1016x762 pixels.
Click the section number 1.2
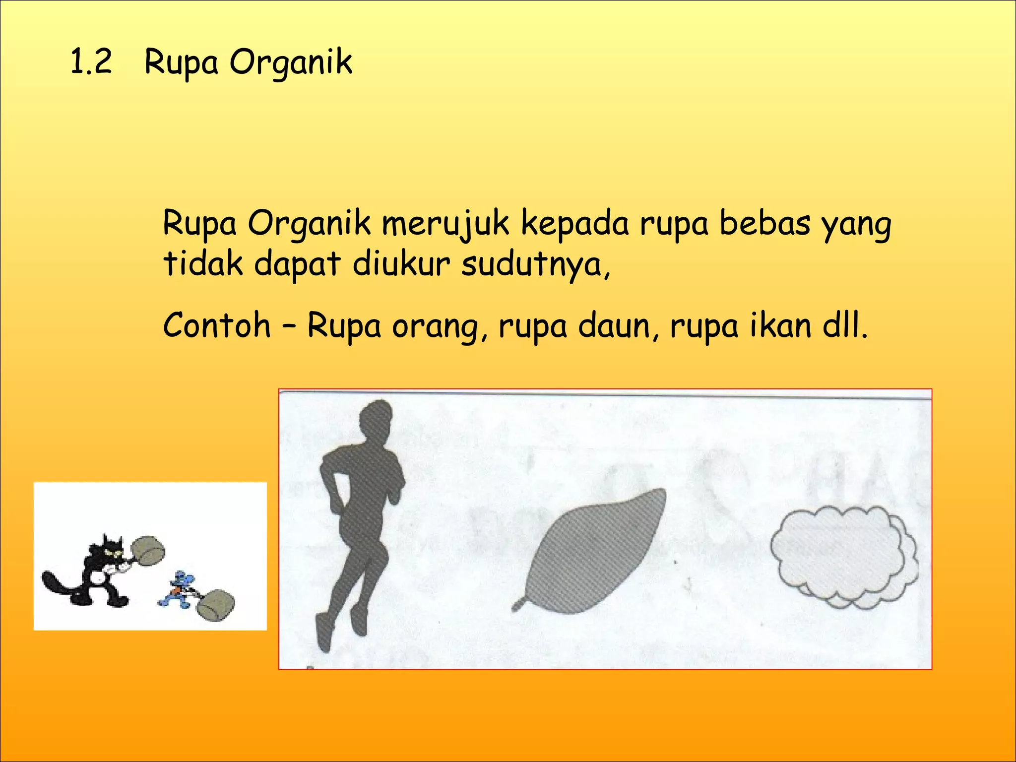[x=91, y=63]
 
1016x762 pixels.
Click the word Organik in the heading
[x=290, y=63]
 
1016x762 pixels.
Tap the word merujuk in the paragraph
[x=445, y=224]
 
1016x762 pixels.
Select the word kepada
[x=575, y=224]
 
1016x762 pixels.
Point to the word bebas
[x=765, y=223]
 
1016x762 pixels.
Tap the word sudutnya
[x=535, y=265]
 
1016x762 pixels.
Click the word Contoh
[x=217, y=325]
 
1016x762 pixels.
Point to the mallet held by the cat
[x=147, y=550]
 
